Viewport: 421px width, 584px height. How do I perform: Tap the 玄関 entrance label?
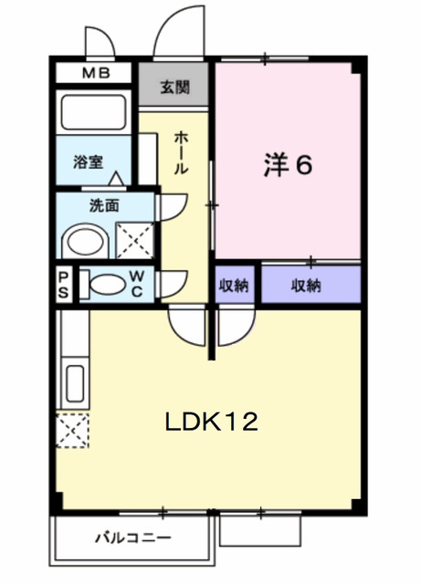pos(175,88)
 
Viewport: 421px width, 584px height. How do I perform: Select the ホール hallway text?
pos(181,153)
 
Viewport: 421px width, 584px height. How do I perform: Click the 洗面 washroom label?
pos(103,205)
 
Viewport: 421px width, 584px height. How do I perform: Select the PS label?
pos(64,284)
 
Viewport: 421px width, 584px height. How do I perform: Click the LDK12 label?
pos(212,422)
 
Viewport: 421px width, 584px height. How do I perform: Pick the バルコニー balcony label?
pos(132,536)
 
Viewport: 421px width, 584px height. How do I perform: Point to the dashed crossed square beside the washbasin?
pos(135,241)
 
